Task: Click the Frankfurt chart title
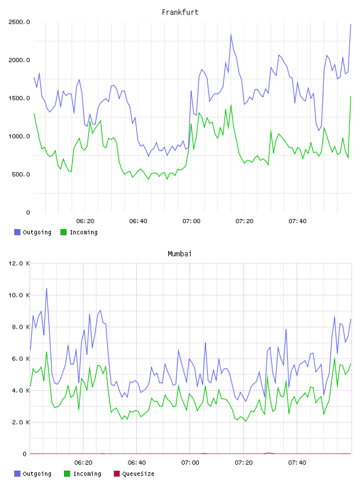click(180, 12)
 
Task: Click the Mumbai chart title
click(179, 254)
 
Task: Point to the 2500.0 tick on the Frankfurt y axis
click(19, 22)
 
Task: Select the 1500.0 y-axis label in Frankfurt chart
click(19, 98)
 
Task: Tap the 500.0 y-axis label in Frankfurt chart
click(21, 175)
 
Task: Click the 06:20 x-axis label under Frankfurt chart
click(85, 221)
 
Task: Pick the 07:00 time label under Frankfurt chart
click(191, 221)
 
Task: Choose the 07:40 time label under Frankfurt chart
click(297, 221)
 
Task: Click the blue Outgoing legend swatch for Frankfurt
click(17, 232)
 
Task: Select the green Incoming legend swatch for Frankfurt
click(63, 232)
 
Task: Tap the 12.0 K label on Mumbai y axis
click(19, 263)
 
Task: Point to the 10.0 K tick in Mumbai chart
click(19, 295)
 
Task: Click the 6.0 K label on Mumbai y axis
click(21, 359)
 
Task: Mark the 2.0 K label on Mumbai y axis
click(21, 422)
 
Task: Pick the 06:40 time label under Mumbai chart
click(137, 463)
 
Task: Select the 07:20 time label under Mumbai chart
click(243, 463)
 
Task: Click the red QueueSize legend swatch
click(117, 474)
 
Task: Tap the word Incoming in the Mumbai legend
click(87, 474)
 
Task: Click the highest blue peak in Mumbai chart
click(47, 289)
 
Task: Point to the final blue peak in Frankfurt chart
click(351, 24)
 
